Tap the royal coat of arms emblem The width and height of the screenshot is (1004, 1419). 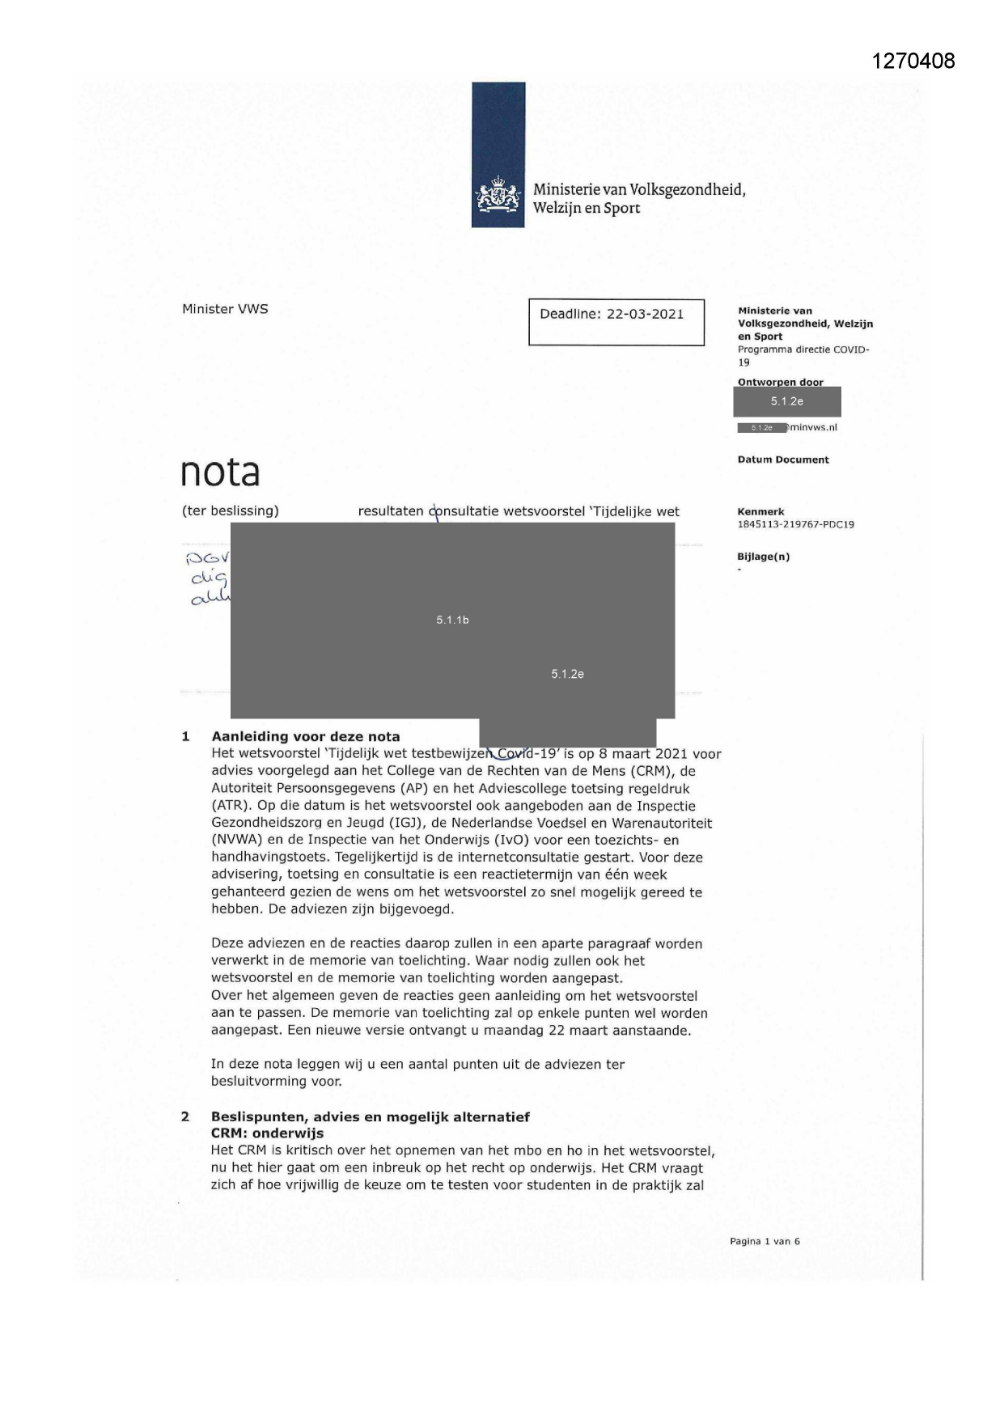tap(498, 197)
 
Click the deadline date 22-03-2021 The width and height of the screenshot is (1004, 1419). tap(645, 314)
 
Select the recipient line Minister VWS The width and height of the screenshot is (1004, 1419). tap(225, 309)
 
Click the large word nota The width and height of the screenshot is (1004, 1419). tap(220, 472)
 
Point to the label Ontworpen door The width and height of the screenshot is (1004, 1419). tap(780, 382)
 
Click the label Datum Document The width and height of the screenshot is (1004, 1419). tap(782, 460)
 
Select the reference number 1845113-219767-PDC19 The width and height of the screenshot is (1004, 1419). tap(795, 524)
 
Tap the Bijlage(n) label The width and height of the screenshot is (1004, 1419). tap(763, 557)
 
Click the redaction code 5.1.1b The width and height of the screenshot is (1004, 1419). tap(452, 620)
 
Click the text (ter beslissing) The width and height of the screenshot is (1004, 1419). tap(230, 511)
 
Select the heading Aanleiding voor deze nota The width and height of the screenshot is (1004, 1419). tap(306, 736)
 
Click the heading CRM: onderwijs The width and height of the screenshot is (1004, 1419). tap(267, 1133)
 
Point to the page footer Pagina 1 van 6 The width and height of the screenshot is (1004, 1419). tap(765, 1241)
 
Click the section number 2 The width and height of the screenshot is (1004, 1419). tap(185, 1116)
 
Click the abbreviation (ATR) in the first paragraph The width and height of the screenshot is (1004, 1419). tap(230, 806)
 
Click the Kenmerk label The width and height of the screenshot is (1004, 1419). tap(760, 512)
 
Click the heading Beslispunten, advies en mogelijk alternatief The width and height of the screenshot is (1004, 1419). tap(371, 1116)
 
